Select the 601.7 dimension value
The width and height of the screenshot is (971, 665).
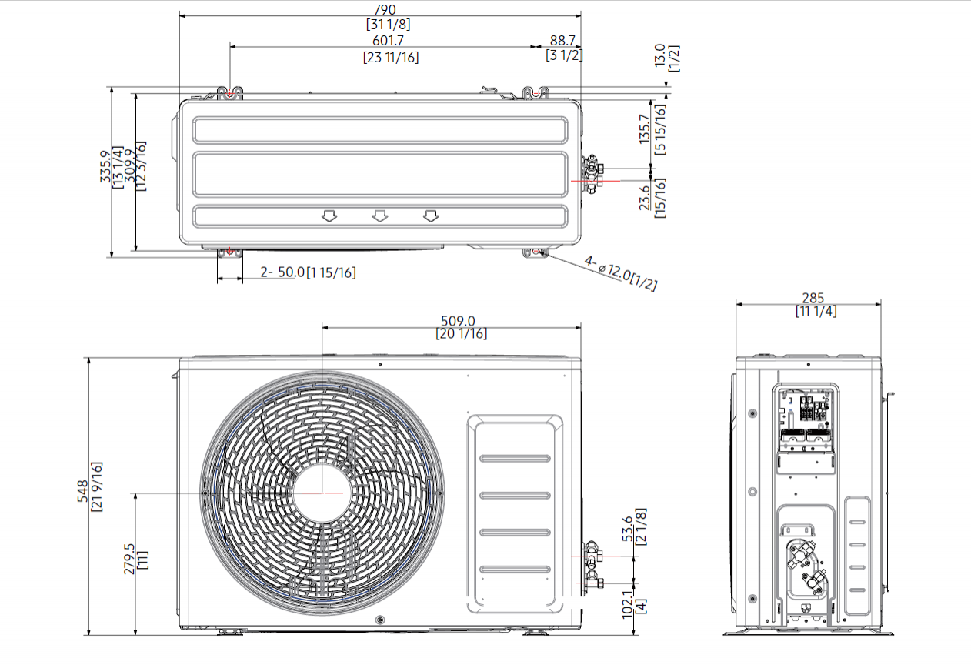click(x=390, y=41)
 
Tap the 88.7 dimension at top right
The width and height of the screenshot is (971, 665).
click(x=563, y=41)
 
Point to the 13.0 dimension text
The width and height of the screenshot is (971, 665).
click(x=660, y=55)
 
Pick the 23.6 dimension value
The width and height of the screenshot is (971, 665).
click(x=645, y=195)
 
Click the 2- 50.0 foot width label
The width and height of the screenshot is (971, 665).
click(x=282, y=272)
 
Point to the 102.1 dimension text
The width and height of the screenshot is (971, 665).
click(x=627, y=600)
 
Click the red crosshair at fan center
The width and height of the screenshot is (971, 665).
click(x=321, y=492)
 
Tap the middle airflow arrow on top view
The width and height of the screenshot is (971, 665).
click(x=379, y=216)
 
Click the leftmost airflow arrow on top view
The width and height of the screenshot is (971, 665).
click(x=329, y=216)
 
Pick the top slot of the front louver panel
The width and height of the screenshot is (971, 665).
click(x=516, y=459)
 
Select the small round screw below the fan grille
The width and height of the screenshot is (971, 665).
click(x=379, y=620)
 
